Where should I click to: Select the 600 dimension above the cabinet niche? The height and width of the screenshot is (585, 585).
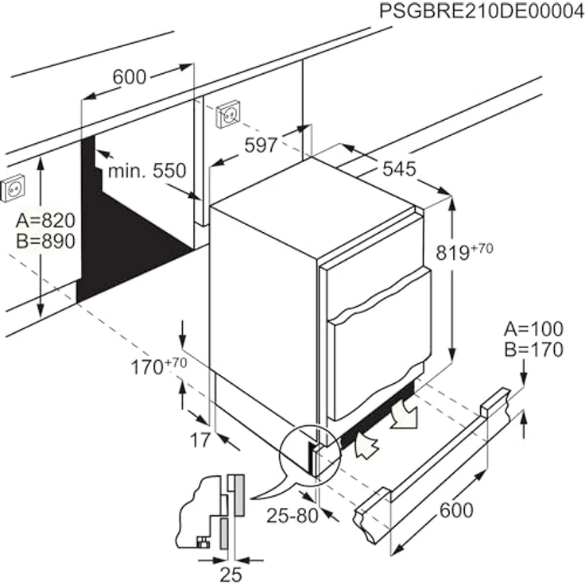[x=129, y=77]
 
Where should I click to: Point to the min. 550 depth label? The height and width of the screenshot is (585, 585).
[x=147, y=170]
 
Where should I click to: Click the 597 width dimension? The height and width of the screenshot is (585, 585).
[x=261, y=145]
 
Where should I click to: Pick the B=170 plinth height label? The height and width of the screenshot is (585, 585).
[x=533, y=350]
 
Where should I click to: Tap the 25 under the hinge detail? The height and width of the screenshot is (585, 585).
[x=230, y=573]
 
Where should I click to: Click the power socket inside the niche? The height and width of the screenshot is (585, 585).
[x=228, y=114]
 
